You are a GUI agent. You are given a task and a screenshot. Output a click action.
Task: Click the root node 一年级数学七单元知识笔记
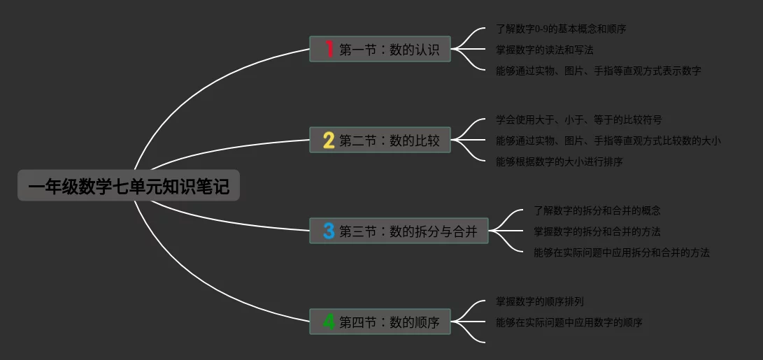(x=129, y=186)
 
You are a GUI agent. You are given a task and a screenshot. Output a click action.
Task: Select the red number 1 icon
(x=329, y=49)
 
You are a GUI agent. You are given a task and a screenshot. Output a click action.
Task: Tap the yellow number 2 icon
(x=329, y=140)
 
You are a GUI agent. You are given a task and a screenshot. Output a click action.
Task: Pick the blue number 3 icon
(x=329, y=231)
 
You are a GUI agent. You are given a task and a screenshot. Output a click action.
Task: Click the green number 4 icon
(x=329, y=322)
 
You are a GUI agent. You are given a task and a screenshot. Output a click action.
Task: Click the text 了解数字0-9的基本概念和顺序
(x=561, y=29)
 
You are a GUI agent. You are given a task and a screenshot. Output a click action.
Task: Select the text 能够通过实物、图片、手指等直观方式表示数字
(x=598, y=71)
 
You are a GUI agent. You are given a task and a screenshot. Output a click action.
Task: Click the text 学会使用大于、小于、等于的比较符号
(x=578, y=120)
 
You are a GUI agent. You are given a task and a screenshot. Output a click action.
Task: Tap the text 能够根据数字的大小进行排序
(x=559, y=161)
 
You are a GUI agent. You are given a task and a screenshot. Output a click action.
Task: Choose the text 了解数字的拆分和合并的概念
(x=597, y=210)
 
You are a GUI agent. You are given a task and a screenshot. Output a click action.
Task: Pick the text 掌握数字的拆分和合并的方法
(x=597, y=231)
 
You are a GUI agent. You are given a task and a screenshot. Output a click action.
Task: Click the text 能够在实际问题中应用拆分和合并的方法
(x=621, y=252)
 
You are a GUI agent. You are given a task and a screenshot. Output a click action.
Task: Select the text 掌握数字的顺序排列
(x=539, y=301)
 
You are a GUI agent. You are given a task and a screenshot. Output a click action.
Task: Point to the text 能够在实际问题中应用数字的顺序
(x=569, y=322)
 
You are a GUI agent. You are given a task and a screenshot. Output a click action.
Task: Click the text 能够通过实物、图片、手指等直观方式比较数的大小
(x=608, y=141)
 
